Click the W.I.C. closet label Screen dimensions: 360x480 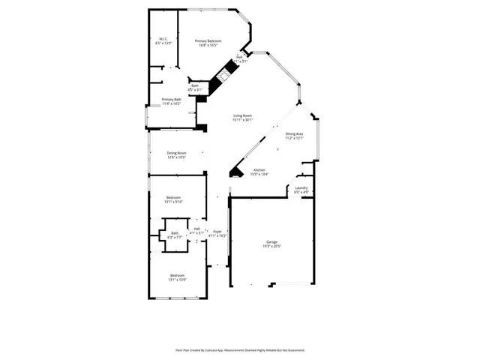coord(163,39)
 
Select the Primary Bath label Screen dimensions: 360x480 coord(172,99)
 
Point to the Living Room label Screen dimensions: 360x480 coord(241,115)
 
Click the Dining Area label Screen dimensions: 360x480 coord(294,133)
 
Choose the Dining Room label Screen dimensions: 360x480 coord(176,153)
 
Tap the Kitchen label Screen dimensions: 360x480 coord(259,170)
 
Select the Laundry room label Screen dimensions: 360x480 coord(301,187)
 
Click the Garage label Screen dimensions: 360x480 coord(271,241)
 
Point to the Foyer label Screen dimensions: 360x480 coord(217,231)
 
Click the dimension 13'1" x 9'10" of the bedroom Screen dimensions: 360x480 coord(175,202)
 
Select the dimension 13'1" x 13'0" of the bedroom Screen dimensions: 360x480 coord(177,280)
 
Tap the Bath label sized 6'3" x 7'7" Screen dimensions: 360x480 coord(174,232)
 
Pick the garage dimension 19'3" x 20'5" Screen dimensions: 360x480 coord(271,246)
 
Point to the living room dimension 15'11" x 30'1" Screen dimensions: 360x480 coord(241,120)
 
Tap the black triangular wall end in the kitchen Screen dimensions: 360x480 coord(235,172)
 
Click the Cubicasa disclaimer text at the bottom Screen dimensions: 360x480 coord(239,349)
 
